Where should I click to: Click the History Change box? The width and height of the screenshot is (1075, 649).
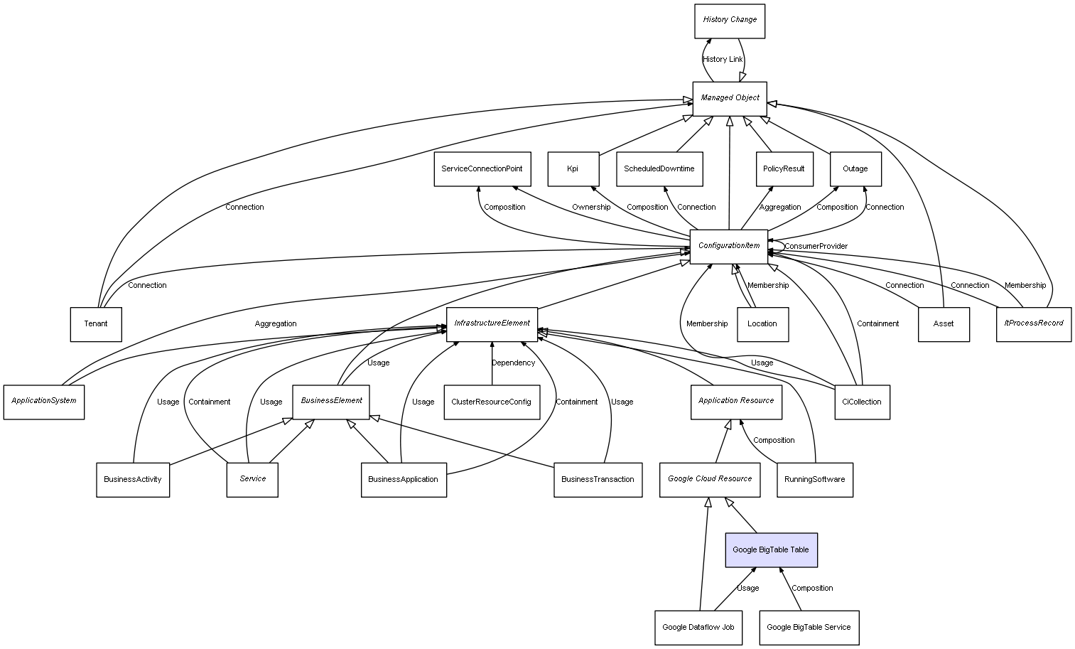[730, 21]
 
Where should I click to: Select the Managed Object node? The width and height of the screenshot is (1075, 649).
[730, 98]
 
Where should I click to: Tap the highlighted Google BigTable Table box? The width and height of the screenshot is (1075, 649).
[771, 550]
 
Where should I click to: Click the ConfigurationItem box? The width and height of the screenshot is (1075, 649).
[729, 247]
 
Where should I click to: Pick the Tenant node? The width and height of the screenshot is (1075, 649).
[96, 324]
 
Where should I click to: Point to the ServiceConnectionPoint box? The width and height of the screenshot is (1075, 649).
[482, 169]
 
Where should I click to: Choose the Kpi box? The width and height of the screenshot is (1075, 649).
[573, 169]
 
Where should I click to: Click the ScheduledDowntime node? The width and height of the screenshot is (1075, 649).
[659, 169]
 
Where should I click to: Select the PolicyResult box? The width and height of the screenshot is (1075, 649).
[784, 169]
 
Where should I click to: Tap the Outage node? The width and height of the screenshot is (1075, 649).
[855, 169]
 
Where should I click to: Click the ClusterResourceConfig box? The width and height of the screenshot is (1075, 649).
[491, 402]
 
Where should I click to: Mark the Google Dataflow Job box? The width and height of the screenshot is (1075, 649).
[698, 628]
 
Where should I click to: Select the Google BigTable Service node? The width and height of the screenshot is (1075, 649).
[809, 628]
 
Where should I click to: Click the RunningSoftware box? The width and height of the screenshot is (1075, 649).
[814, 480]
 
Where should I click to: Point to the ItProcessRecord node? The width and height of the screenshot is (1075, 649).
[1033, 324]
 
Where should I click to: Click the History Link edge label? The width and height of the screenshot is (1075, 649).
[723, 60]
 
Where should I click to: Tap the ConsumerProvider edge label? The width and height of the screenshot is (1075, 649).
[816, 247]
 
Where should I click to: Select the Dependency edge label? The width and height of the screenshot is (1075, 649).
[513, 363]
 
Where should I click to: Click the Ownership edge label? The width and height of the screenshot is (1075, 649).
[591, 208]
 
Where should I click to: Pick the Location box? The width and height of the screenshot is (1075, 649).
[762, 324]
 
